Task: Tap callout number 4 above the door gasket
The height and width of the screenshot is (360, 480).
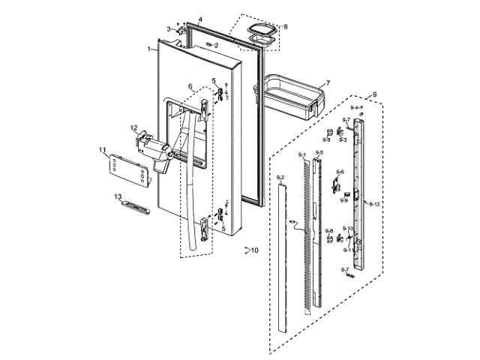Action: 200,18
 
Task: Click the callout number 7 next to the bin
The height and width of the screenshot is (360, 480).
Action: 328,83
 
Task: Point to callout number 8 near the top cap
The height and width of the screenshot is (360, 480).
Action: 284,27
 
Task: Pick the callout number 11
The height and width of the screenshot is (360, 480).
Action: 103,151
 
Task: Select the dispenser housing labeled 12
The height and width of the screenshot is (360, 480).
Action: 156,150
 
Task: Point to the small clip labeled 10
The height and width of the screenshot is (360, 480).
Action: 245,250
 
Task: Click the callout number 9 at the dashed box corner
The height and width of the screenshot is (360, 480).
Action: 374,94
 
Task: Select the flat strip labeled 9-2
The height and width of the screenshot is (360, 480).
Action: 281,255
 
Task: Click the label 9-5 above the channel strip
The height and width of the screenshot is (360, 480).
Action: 319,152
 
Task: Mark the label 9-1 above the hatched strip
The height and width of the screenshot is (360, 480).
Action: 301,154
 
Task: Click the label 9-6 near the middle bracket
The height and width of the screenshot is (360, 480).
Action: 340,172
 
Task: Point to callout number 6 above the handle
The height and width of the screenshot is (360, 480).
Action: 190,86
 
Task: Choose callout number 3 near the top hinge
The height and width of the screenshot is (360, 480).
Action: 169,28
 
